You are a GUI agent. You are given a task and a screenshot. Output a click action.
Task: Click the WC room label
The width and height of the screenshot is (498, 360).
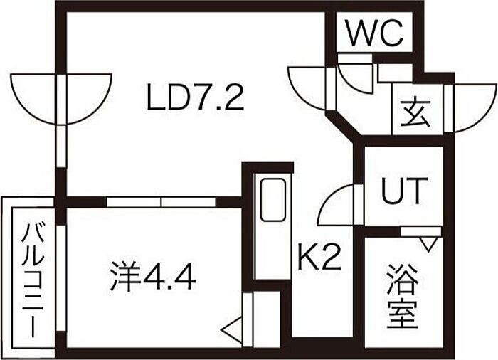point(375,33)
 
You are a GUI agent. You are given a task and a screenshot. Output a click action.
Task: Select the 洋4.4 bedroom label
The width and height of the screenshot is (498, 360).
point(153,277)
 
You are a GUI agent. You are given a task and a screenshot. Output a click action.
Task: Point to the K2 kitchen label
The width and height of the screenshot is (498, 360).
point(319,258)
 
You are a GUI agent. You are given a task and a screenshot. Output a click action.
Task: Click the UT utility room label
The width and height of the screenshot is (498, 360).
point(403,191)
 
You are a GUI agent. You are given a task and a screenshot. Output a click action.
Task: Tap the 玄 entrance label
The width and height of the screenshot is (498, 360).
point(415,112)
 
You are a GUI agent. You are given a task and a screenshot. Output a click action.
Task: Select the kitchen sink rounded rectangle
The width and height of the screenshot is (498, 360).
point(272,199)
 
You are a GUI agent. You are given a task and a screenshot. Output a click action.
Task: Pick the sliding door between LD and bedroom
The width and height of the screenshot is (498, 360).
point(161,202)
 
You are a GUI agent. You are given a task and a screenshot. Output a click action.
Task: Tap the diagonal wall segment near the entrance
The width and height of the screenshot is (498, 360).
point(344,125)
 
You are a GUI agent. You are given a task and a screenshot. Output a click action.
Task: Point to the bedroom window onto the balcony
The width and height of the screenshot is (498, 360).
point(62,279)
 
